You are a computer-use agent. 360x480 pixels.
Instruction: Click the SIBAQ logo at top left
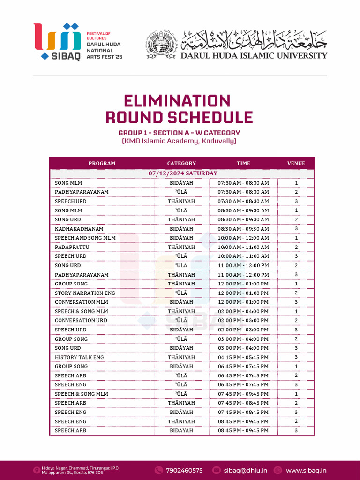point(57,41)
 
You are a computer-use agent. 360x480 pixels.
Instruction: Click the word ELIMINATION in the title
point(177,101)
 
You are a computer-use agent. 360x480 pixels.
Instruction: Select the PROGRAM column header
point(102,163)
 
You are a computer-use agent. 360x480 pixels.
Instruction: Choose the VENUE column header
point(296,163)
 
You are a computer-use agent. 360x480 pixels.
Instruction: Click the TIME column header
point(243,163)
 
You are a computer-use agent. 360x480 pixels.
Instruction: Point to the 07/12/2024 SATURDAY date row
point(183,173)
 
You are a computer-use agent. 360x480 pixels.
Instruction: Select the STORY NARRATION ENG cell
point(85,293)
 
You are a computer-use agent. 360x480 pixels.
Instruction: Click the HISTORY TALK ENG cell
point(79,357)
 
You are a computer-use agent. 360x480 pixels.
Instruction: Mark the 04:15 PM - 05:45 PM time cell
point(243,357)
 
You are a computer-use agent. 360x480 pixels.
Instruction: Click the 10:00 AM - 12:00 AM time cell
point(243,238)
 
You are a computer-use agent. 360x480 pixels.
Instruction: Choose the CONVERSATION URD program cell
point(81,320)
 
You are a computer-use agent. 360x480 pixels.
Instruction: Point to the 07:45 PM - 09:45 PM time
point(243,394)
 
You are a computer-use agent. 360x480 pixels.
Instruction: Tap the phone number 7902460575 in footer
point(184,470)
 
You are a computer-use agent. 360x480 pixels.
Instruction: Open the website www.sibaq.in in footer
point(306,470)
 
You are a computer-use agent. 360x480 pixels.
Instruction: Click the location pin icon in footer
point(36,470)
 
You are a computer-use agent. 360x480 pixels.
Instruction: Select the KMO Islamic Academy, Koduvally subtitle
point(179,141)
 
